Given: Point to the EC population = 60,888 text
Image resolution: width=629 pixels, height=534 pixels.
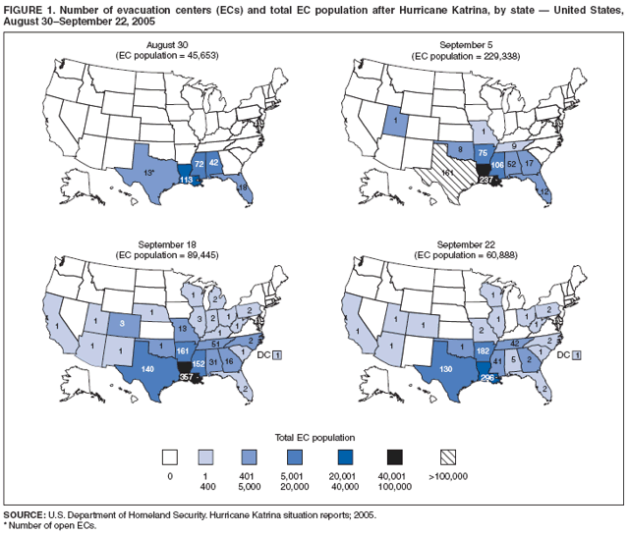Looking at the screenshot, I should click(x=468, y=252).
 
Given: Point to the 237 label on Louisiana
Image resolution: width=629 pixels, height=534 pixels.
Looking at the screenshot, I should click(x=484, y=180).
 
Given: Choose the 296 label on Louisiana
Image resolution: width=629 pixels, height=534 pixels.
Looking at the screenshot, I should click(x=488, y=377).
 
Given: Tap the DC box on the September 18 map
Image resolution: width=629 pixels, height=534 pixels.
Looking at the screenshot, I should click(x=278, y=353).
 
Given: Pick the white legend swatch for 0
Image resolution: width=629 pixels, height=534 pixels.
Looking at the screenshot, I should click(x=169, y=456).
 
